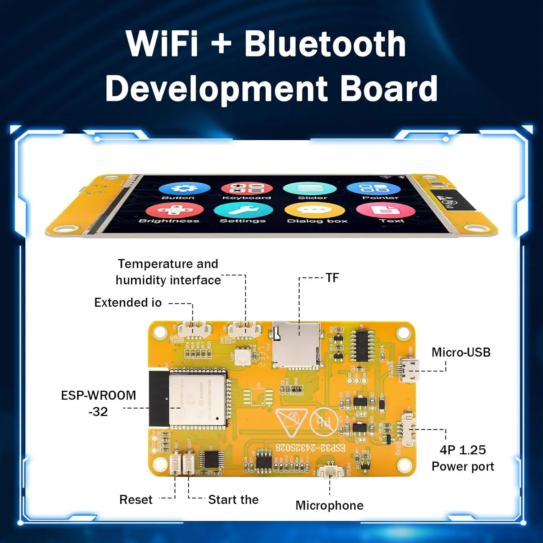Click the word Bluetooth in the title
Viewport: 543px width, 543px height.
[x=325, y=44]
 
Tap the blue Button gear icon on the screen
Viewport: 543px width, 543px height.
[x=184, y=189]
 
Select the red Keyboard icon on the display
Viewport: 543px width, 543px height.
[x=247, y=189]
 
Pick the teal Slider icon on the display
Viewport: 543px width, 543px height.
[x=310, y=189]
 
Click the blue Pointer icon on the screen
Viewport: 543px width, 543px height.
[x=374, y=189]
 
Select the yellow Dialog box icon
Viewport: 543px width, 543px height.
[x=315, y=210]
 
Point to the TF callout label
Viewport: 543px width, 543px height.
[x=332, y=278]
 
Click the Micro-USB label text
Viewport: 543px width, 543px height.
[x=461, y=352]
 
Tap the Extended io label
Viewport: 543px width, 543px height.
[x=128, y=303]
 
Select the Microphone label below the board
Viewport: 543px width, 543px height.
[x=329, y=505]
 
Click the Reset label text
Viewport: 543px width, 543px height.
[x=136, y=500]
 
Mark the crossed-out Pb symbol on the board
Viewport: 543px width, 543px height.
[x=324, y=422]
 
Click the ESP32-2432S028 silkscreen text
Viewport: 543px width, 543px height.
[x=311, y=448]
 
